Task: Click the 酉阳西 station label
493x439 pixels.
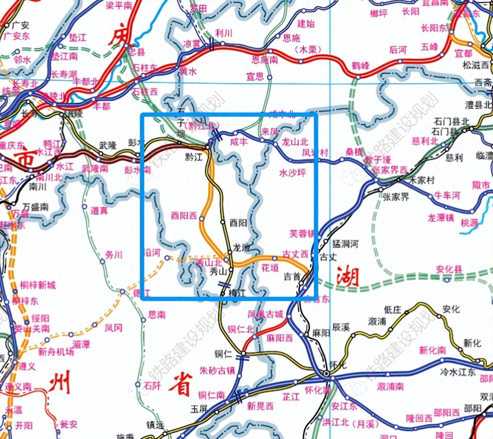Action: pyautogui.click(x=184, y=216)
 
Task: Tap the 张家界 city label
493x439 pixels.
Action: pyautogui.click(x=396, y=197)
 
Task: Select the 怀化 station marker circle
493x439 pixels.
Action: pyautogui.click(x=327, y=373)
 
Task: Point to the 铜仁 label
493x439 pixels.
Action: pyautogui.click(x=223, y=354)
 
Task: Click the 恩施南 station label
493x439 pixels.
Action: pyautogui.click(x=265, y=60)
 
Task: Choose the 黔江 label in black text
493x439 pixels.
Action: pyautogui.click(x=194, y=157)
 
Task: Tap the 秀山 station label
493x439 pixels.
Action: pyautogui.click(x=218, y=271)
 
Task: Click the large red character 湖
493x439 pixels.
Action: pyautogui.click(x=348, y=276)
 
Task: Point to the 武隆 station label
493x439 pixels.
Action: pyautogui.click(x=108, y=145)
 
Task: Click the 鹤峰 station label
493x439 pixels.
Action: pyautogui.click(x=360, y=66)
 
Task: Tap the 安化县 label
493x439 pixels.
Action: pyautogui.click(x=449, y=269)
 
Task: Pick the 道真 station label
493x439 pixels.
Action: pyautogui.click(x=99, y=210)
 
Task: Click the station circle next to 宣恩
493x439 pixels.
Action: pyautogui.click(x=269, y=77)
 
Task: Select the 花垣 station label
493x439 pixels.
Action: pyautogui.click(x=270, y=268)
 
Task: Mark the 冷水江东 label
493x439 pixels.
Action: pyautogui.click(x=457, y=372)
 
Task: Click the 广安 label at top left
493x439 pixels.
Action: pyautogui.click(x=20, y=25)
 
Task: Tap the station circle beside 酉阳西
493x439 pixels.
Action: pyautogui.click(x=202, y=219)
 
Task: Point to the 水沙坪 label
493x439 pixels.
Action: pyautogui.click(x=293, y=173)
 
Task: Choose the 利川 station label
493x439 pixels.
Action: pyautogui.click(x=224, y=33)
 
